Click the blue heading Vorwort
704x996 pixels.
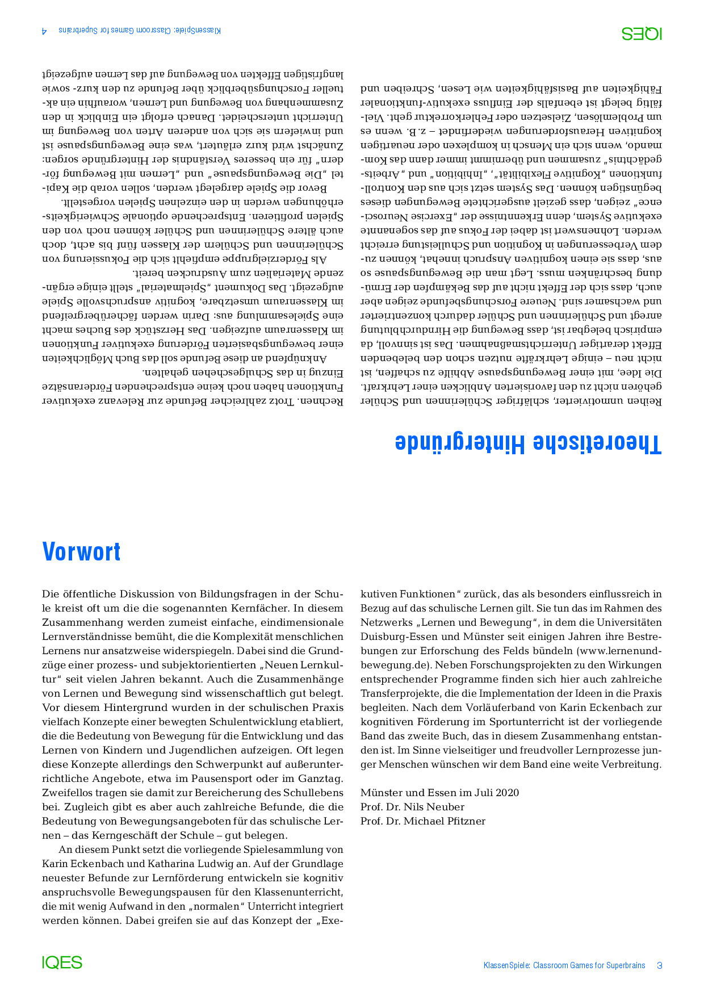[82, 552]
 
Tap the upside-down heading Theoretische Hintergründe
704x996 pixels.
[529, 443]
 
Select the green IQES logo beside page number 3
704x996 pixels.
[62, 962]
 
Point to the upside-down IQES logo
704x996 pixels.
[642, 34]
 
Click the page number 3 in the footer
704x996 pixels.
[659, 965]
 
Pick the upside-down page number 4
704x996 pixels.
[45, 31]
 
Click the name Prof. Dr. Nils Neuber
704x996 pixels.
[412, 807]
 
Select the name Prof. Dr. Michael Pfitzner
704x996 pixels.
[422, 821]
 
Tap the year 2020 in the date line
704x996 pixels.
[507, 793]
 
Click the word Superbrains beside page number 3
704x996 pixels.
[626, 965]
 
